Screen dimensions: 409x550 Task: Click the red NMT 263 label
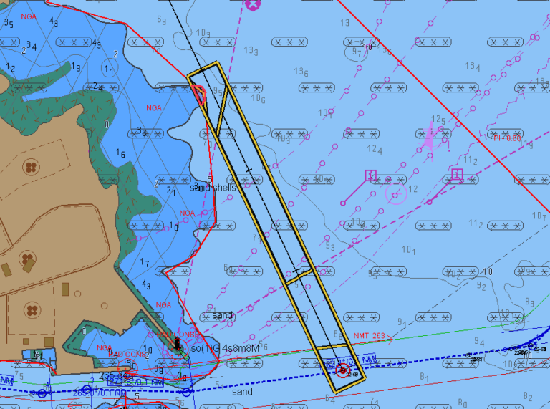370,336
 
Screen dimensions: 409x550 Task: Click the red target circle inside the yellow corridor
342,370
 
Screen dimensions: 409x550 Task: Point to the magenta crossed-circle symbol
252,4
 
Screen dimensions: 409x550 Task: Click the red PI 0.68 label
507,138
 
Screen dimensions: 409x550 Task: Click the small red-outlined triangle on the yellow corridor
200,94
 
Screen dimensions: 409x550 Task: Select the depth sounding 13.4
473,67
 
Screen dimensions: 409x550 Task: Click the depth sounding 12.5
438,120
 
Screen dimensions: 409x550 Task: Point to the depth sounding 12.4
375,149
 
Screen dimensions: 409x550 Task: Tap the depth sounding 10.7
539,216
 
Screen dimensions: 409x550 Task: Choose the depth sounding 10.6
259,99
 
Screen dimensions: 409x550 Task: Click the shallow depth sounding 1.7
145,263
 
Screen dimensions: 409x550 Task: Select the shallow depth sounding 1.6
121,155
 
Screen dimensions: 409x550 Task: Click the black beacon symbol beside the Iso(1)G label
178,345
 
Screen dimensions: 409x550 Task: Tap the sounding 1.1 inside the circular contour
109,69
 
